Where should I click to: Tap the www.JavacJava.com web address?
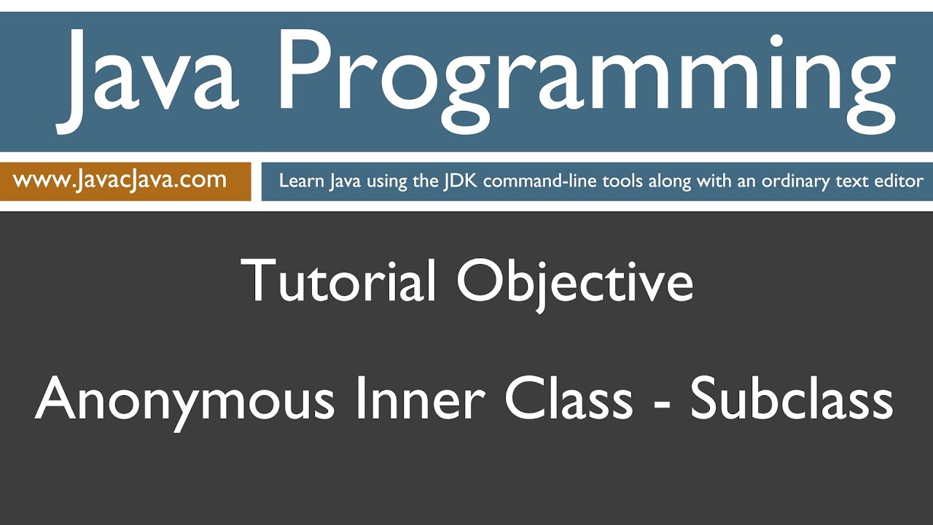click(x=120, y=180)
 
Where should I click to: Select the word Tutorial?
click(x=338, y=281)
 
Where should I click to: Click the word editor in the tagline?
click(x=899, y=181)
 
